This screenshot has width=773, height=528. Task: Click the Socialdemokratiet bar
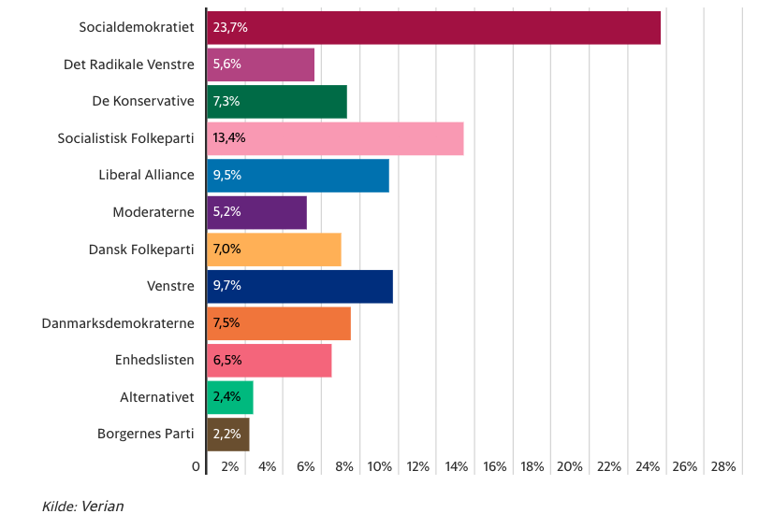click(433, 28)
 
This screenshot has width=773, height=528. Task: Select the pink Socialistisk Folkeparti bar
click(335, 138)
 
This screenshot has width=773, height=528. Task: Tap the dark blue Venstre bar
click(299, 286)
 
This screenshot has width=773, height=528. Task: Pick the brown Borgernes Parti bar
click(228, 435)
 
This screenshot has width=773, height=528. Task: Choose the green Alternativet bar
click(230, 397)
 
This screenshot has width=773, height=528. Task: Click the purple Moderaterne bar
click(257, 212)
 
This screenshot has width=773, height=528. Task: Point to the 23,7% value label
click(230, 28)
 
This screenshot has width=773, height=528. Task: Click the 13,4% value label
click(230, 138)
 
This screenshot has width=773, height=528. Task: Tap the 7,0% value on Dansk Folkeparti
click(227, 250)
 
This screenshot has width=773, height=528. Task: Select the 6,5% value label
click(227, 361)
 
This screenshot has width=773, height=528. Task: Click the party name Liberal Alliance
click(146, 175)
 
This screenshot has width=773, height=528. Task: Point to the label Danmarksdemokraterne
click(118, 323)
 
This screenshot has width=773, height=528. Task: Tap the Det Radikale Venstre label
click(129, 64)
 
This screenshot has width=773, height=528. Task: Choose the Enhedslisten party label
click(154, 360)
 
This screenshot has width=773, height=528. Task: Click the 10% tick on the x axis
click(379, 466)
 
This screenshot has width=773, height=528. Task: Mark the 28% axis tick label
click(723, 466)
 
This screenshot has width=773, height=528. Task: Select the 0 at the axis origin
click(197, 466)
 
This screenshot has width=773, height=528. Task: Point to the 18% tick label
click(532, 466)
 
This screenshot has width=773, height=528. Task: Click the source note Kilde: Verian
click(83, 507)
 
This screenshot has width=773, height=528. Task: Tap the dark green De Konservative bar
click(277, 102)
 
